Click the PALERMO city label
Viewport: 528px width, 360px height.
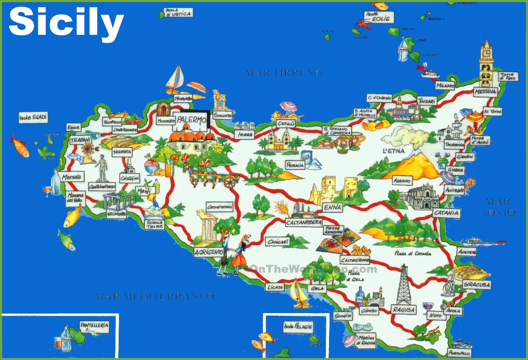(191, 120)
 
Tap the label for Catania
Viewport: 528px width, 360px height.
(446, 213)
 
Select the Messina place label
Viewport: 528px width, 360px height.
(485, 92)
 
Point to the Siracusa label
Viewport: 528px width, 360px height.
(477, 285)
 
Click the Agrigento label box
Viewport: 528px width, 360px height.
(209, 252)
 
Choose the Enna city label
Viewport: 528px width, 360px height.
(332, 207)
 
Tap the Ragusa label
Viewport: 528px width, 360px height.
(403, 310)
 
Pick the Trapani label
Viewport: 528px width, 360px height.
(80, 140)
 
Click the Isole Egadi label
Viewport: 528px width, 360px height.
(33, 117)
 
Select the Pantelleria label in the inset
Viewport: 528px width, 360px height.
(94, 325)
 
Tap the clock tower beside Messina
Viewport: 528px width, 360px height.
(486, 64)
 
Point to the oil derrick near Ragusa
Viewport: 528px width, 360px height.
(404, 285)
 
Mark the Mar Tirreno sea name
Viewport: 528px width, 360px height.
(284, 73)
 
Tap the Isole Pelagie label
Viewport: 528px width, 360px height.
(298, 326)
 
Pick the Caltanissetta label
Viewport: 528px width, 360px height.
(303, 223)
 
